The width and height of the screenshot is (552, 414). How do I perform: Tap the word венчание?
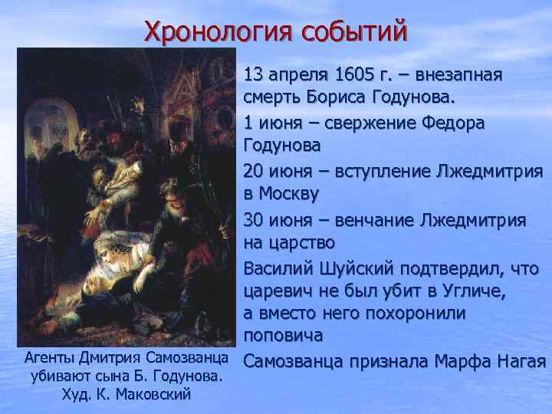pyautogui.click(x=378, y=219)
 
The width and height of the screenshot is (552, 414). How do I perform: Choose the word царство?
pyautogui.click(x=307, y=243)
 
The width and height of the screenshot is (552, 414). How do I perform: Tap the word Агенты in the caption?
pyautogui.click(x=51, y=359)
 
